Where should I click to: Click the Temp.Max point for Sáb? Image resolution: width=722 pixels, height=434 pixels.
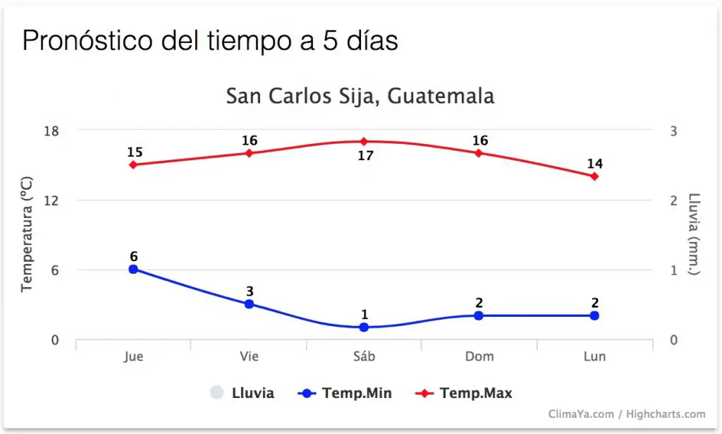[x=364, y=141]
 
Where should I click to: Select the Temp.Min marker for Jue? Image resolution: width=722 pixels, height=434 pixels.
[x=133, y=269]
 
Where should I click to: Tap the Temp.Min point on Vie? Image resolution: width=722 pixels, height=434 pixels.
[x=249, y=304]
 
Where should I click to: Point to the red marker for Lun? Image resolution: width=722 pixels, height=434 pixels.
[x=594, y=176]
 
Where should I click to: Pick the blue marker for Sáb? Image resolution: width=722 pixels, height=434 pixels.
[x=364, y=327]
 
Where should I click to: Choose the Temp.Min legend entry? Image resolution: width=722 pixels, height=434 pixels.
[x=345, y=393]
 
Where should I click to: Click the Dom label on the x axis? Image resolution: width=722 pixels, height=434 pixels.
[x=479, y=356]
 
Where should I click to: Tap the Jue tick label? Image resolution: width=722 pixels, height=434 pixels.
[x=133, y=356]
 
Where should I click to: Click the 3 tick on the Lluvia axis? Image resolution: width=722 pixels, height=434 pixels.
[x=673, y=131]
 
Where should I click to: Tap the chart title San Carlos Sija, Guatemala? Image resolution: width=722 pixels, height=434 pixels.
[x=360, y=96]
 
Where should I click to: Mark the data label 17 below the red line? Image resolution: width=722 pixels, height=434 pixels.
[x=365, y=155]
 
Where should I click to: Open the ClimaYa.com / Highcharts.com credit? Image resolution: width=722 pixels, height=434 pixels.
[x=627, y=414]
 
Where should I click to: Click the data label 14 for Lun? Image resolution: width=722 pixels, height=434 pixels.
[x=594, y=164]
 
